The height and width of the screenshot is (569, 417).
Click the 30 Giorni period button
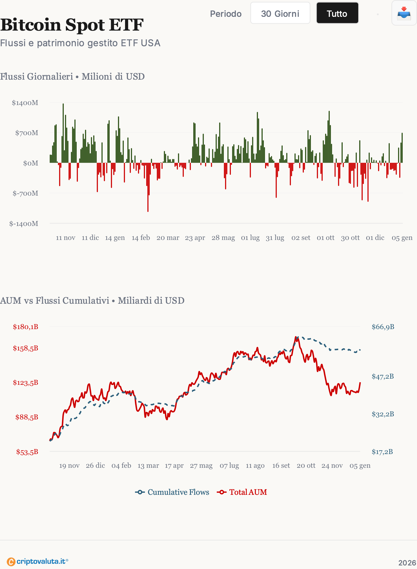(280, 13)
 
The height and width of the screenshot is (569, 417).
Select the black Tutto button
(337, 13)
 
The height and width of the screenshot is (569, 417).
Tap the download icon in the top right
(404, 13)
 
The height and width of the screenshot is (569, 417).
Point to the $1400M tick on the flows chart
(25, 103)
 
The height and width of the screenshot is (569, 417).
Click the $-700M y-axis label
(25, 193)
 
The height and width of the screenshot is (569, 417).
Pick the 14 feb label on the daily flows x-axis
(141, 238)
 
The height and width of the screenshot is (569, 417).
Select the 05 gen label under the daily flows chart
(402, 238)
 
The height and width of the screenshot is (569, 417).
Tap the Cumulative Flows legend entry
(172, 492)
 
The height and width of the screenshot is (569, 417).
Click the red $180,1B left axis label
(26, 327)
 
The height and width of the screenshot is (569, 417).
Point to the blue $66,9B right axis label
(383, 327)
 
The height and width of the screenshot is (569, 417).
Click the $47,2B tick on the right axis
(383, 376)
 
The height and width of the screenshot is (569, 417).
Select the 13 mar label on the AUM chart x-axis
(148, 466)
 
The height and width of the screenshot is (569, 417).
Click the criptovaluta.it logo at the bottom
(37, 561)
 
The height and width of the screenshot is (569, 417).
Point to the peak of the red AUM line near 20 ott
(296, 337)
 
